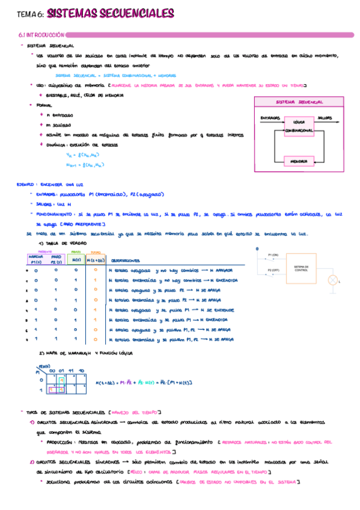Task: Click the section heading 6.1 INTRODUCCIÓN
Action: pyautogui.click(x=41, y=36)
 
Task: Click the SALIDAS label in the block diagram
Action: pyautogui.click(x=325, y=117)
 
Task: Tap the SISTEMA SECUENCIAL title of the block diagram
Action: pyautogui.click(x=299, y=102)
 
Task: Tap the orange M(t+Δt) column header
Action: pyautogui.click(x=95, y=260)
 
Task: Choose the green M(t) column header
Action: pyautogui.click(x=76, y=260)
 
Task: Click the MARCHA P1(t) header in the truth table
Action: pyautogui.click(x=34, y=259)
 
